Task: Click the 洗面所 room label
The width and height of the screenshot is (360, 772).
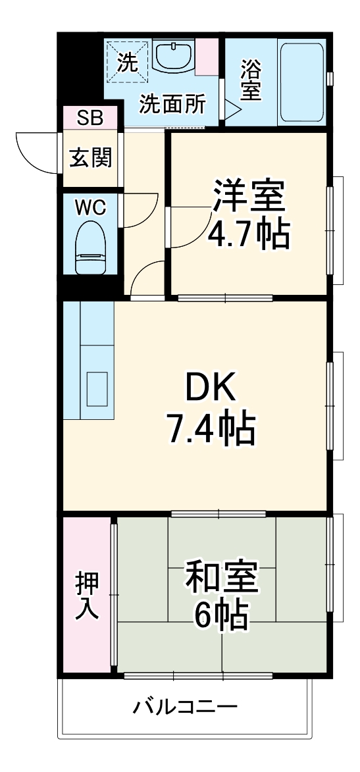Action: [x=173, y=105]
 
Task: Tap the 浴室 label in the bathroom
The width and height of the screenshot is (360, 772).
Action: [x=251, y=81]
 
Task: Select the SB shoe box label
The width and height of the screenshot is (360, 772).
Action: [x=90, y=118]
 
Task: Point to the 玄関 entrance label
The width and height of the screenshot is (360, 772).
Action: [x=90, y=158]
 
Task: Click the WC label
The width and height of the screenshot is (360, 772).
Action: [x=90, y=207]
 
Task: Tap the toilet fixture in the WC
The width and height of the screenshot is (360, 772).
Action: [x=90, y=247]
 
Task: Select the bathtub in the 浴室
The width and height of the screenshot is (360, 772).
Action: [x=301, y=84]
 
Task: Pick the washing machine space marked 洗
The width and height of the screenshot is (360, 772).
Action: [x=127, y=62]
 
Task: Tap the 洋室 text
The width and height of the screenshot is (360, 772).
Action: [x=248, y=195]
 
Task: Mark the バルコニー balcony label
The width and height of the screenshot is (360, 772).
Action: [x=186, y=708]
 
